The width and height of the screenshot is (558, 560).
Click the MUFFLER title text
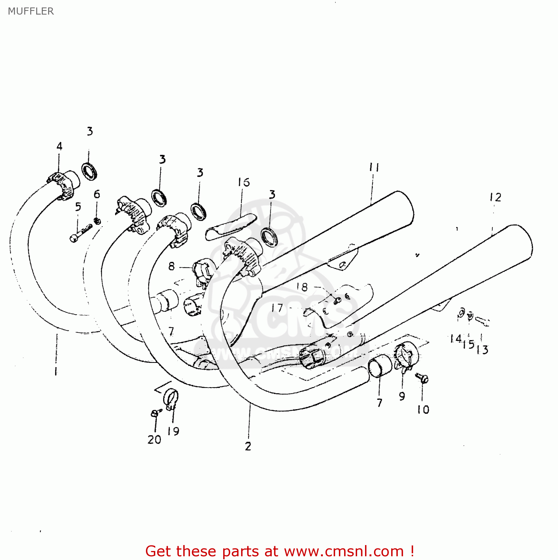(x=31, y=11)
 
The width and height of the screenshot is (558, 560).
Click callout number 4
(x=59, y=146)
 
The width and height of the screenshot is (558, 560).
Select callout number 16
(x=243, y=182)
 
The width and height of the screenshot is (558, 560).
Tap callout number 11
(x=374, y=167)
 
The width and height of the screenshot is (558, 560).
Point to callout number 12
(x=495, y=197)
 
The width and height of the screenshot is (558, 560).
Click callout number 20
(x=154, y=439)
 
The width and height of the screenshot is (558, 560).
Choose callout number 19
(x=173, y=431)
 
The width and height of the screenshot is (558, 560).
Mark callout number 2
(x=248, y=446)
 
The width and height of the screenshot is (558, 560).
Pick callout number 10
(x=423, y=410)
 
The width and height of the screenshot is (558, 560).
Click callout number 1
(x=56, y=371)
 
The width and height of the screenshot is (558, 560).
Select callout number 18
(x=302, y=287)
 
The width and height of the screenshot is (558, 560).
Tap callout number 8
(x=171, y=266)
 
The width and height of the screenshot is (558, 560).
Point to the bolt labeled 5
(x=81, y=232)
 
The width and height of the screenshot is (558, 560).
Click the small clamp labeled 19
(x=171, y=399)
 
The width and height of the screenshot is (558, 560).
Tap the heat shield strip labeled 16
(x=231, y=227)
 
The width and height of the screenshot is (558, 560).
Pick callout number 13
(x=482, y=350)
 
